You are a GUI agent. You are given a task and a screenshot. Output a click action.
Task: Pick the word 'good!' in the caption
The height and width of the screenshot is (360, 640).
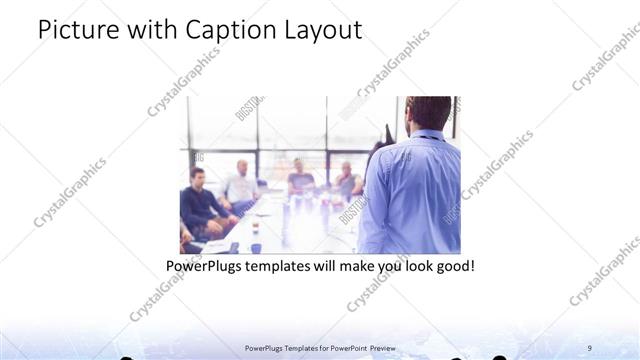(449, 267)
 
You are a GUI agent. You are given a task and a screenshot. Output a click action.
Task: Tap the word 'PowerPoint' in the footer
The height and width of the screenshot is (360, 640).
(346, 347)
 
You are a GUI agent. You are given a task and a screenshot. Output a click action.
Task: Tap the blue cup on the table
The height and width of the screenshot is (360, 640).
(256, 246)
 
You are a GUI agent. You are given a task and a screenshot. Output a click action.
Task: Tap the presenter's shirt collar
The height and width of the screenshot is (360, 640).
(425, 135)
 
